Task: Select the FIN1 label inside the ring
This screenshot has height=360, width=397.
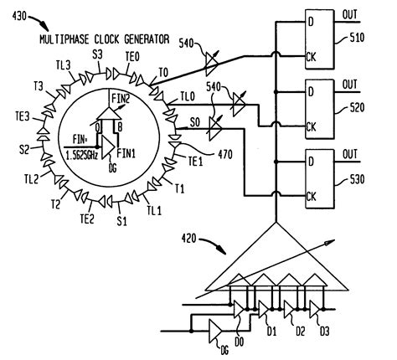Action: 126,153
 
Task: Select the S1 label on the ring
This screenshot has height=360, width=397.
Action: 121,223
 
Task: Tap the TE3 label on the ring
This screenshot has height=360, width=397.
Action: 25,116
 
